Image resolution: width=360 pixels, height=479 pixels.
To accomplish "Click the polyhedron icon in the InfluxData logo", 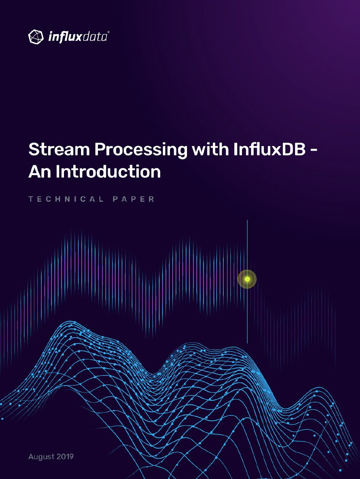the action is pos(36,37).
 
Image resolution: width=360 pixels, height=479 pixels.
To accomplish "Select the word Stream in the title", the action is pos(59,149).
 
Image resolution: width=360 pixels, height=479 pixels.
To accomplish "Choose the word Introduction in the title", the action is pos(108,171).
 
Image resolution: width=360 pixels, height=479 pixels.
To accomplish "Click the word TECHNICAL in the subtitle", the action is pos(66,199).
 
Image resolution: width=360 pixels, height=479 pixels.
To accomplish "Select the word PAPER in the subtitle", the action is pos(134,199).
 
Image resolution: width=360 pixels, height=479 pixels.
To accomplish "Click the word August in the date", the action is pos(41,457).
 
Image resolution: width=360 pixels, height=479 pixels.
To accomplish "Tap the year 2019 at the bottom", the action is pos(65,457).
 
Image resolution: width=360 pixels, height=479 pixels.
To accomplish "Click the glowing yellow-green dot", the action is pos(247,279).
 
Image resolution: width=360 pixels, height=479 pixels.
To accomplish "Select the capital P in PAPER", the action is pos(115,199).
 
